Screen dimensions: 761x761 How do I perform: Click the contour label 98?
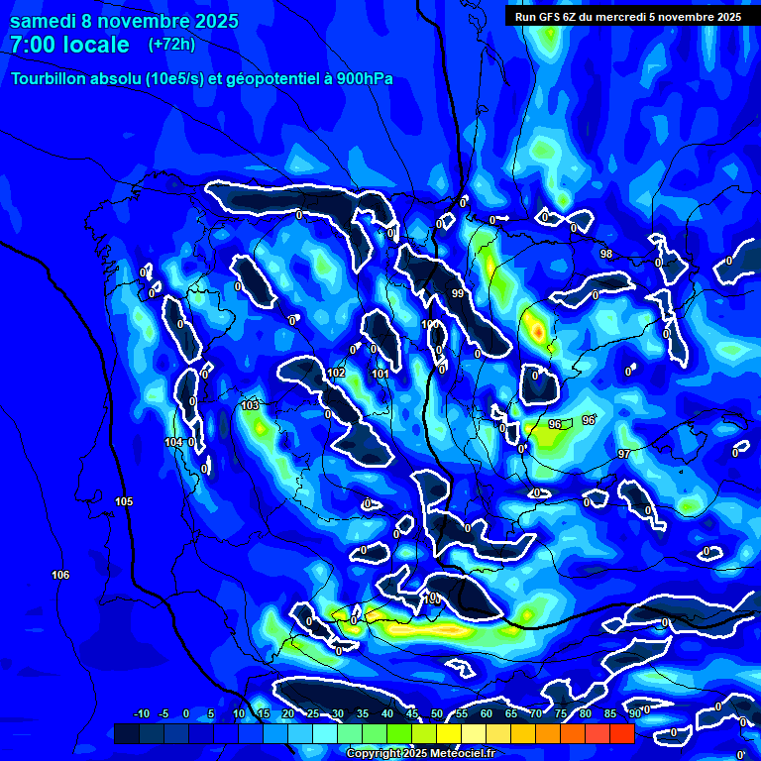[606, 255]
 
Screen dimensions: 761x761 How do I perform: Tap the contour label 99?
[458, 294]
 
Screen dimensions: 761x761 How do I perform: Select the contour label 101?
[380, 374]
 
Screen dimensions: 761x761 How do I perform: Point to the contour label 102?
[337, 373]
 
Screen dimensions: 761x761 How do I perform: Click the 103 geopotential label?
[250, 406]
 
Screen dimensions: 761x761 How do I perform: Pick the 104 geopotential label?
[174, 442]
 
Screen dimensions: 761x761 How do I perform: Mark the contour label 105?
[124, 502]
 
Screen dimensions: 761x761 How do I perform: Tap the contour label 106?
[60, 576]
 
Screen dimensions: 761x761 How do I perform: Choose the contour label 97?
[624, 454]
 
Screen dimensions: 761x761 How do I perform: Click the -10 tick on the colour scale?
[141, 714]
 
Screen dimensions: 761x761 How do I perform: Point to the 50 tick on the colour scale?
[437, 714]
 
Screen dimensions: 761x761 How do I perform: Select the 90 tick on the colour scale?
[635, 714]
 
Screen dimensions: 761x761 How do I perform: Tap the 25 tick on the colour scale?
[313, 714]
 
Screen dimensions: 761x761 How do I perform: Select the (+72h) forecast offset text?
[171, 45]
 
